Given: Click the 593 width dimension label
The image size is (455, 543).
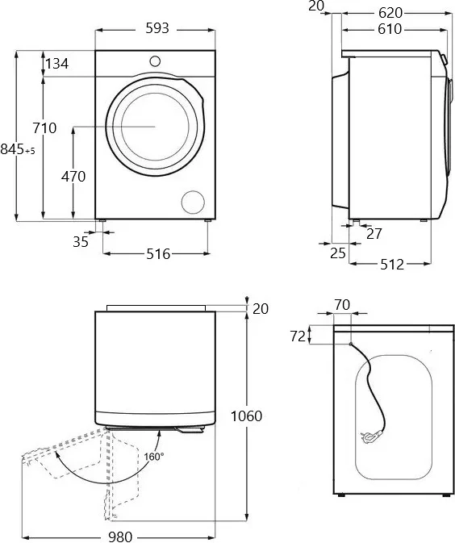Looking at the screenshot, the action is tap(157, 28).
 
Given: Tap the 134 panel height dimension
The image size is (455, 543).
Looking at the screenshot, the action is tap(57, 64).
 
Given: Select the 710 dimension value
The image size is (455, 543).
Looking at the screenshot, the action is tap(44, 128).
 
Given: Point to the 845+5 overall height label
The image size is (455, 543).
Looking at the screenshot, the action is tap(18, 149).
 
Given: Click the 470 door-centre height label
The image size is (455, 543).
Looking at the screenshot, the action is tap(73, 177).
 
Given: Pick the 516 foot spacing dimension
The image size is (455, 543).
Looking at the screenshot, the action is tap(158, 254).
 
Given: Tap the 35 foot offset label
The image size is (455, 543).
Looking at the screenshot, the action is tap(81, 242).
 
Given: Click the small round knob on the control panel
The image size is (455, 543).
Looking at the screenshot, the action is tap(155, 61).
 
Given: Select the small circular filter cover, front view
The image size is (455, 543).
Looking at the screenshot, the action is tap(193, 202).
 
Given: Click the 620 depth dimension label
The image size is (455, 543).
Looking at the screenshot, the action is tap(390, 13).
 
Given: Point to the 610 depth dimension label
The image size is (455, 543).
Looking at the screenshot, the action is tap(390, 29).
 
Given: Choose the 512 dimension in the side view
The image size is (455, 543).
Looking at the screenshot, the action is tap(392, 265).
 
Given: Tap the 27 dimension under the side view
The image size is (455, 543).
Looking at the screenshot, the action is tap(374, 234).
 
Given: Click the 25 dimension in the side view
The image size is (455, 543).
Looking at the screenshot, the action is tap(338, 253).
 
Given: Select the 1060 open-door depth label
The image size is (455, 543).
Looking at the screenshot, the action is tap(247, 416).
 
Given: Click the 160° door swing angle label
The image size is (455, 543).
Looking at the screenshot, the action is tap(154, 457).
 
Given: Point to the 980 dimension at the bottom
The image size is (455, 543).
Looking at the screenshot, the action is tap(120, 537).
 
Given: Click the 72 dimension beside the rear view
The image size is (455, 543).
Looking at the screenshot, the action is tap(298, 336).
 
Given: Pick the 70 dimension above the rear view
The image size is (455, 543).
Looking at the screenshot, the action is tap(343, 305).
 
